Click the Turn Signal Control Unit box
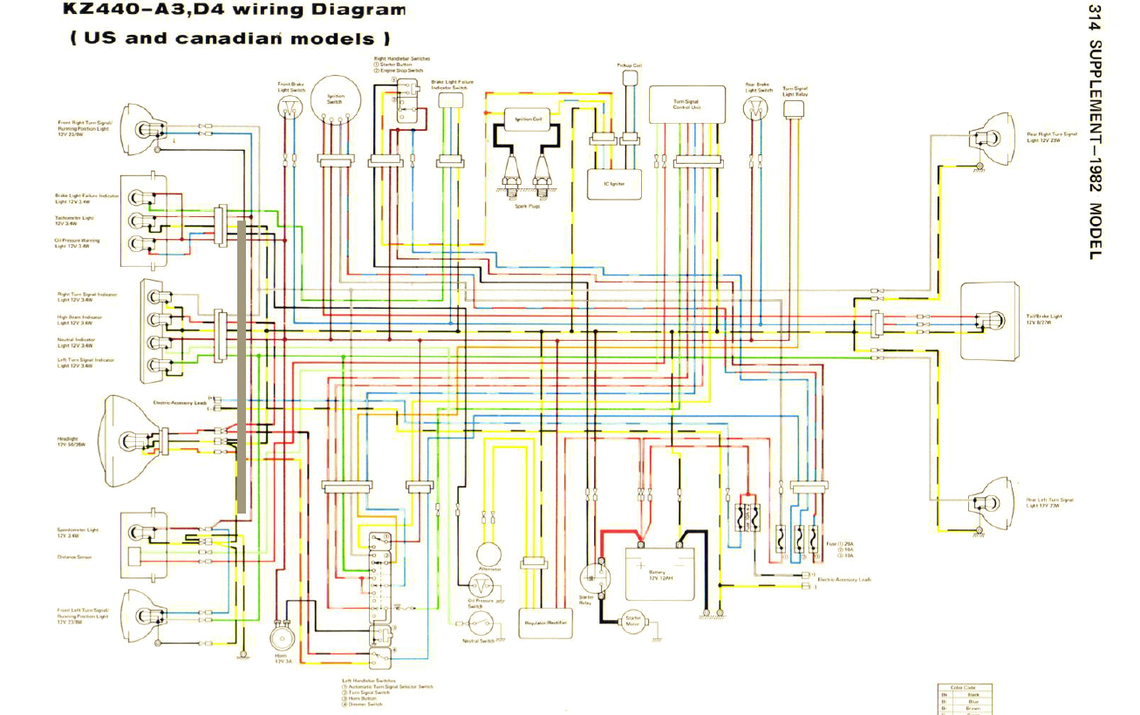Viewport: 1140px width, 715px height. tap(687, 104)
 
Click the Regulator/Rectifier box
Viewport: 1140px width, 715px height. tap(546, 622)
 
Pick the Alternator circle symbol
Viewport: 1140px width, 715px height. tap(489, 555)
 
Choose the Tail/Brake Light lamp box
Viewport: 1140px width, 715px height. tap(990, 321)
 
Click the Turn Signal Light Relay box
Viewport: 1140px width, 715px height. tap(794, 107)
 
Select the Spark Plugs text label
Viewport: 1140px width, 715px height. tap(528, 206)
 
